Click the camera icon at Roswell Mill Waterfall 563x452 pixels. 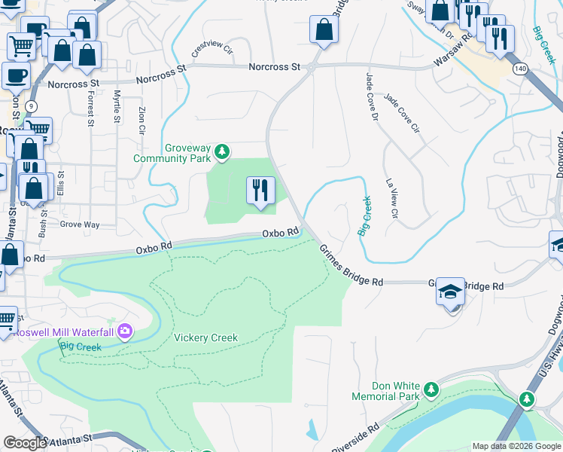[125, 331]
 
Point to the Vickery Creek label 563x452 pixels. [205, 337]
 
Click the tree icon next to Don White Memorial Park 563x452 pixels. [431, 389]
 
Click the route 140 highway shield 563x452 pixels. [521, 68]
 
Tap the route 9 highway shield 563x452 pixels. [32, 106]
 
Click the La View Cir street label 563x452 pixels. [391, 199]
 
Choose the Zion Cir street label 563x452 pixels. [142, 120]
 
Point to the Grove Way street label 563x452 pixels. [80, 224]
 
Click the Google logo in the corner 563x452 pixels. [24, 443]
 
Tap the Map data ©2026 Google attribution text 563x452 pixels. [516, 446]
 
